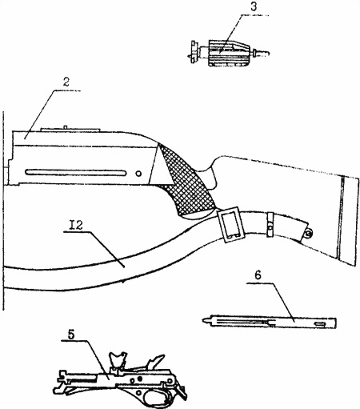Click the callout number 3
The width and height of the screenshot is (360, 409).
click(x=254, y=6)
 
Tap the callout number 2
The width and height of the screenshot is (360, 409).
click(x=66, y=82)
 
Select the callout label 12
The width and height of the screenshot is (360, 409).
click(x=76, y=226)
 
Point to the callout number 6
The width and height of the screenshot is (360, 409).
click(x=258, y=275)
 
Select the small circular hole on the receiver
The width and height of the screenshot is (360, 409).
click(x=138, y=174)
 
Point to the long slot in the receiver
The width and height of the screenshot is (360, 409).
click(x=75, y=173)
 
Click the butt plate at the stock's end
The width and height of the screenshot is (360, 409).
click(x=349, y=221)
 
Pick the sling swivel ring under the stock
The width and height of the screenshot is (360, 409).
click(x=308, y=234)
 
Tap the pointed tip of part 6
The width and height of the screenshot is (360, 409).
click(x=203, y=319)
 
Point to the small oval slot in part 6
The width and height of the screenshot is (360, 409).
click(x=320, y=324)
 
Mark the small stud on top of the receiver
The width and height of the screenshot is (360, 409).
click(x=65, y=126)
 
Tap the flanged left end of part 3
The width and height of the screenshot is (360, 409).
click(x=194, y=52)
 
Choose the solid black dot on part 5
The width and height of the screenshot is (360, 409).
click(x=139, y=379)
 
